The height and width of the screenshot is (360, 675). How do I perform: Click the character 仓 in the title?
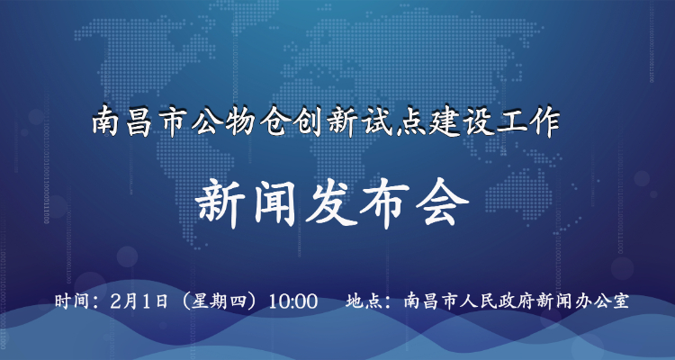[x=273, y=122]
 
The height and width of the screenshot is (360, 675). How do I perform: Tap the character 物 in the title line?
[x=240, y=122]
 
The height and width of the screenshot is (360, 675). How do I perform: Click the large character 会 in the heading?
[x=442, y=204]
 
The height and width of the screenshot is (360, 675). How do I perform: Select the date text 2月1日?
[x=139, y=301]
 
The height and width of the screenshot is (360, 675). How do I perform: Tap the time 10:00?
[x=292, y=301]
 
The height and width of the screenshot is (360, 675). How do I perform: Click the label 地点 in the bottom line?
[x=364, y=301]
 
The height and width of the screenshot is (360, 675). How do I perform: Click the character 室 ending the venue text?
[x=620, y=301]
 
